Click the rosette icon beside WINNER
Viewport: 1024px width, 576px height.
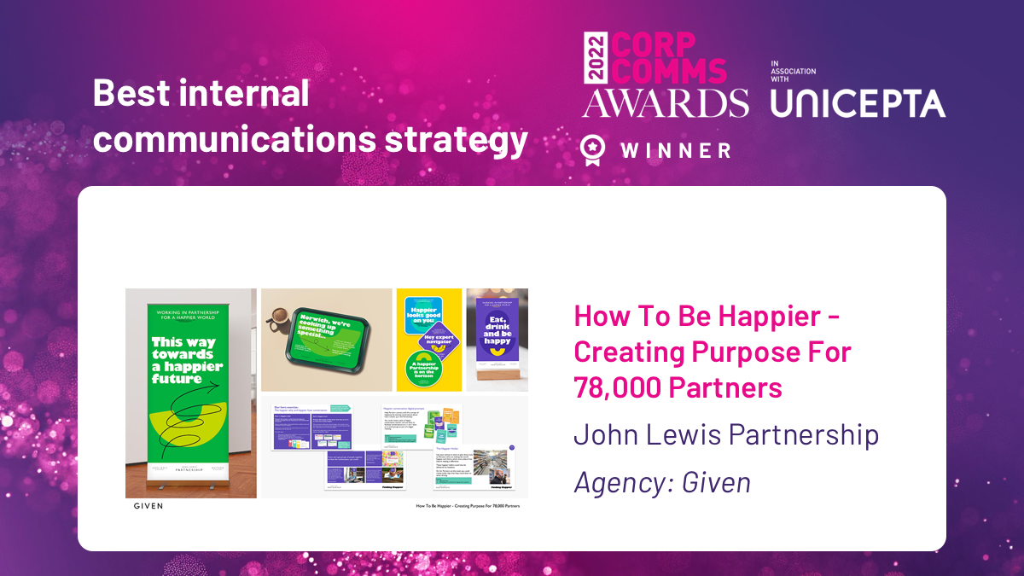pos(590,149)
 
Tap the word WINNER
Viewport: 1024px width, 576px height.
pos(676,151)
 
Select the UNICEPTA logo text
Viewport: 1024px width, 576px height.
pos(858,103)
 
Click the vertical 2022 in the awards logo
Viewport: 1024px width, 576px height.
pos(594,58)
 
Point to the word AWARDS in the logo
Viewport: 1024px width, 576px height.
pos(666,102)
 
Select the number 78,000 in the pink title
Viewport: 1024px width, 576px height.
pos(617,387)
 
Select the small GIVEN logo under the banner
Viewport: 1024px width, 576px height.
pos(148,506)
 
